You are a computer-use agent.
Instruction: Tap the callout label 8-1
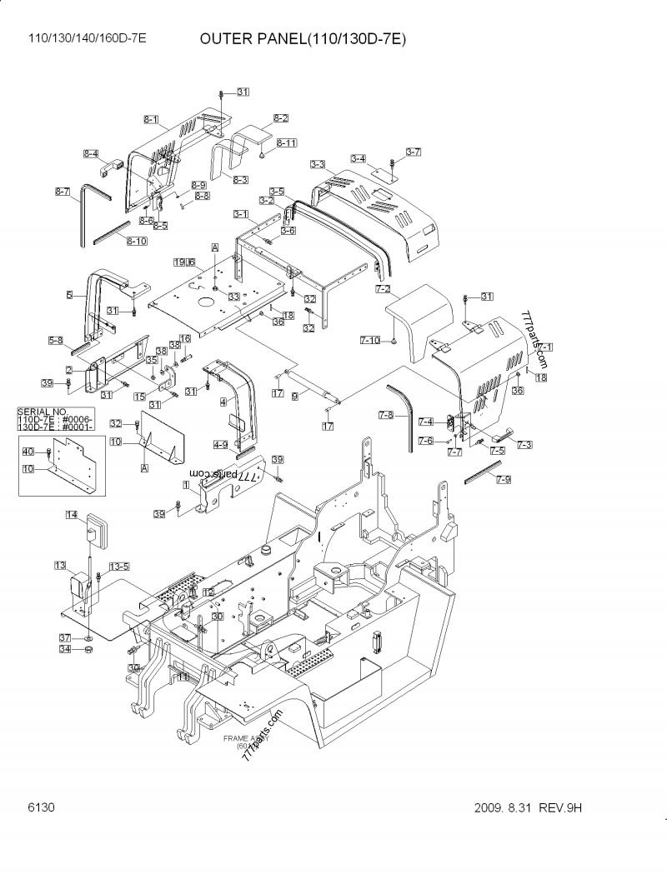[x=151, y=120]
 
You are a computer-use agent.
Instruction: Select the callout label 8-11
[x=286, y=143]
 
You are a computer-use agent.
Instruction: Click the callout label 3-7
[x=414, y=151]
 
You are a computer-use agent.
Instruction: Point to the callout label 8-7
[x=63, y=192]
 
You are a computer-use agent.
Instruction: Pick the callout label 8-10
[x=137, y=241]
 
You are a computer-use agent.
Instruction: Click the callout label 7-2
[x=384, y=289]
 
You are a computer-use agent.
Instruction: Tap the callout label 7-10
[x=370, y=340]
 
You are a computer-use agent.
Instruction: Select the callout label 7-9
[x=504, y=478]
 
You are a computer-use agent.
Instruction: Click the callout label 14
[x=72, y=515]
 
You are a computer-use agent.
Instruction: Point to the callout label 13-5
[x=119, y=567]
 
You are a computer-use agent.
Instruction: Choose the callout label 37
[x=64, y=638]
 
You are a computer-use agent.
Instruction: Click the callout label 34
[x=64, y=651]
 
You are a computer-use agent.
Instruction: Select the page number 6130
[x=41, y=807]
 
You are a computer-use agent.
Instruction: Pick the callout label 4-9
[x=220, y=444]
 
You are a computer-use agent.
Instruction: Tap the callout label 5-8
[x=56, y=339]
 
